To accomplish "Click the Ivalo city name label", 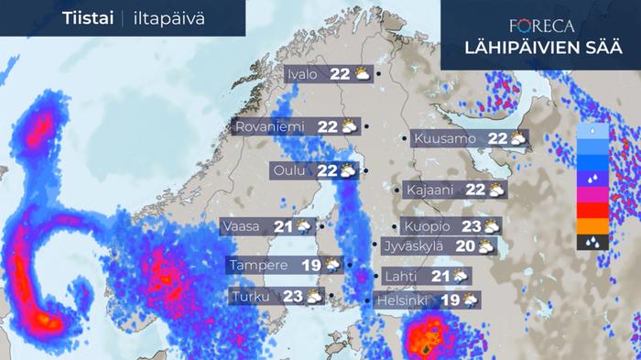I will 301,75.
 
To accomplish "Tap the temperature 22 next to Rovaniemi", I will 328,126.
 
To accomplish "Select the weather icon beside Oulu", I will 348,170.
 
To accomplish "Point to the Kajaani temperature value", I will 475,190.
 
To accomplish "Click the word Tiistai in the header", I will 88,17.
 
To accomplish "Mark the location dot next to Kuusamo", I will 405,139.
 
